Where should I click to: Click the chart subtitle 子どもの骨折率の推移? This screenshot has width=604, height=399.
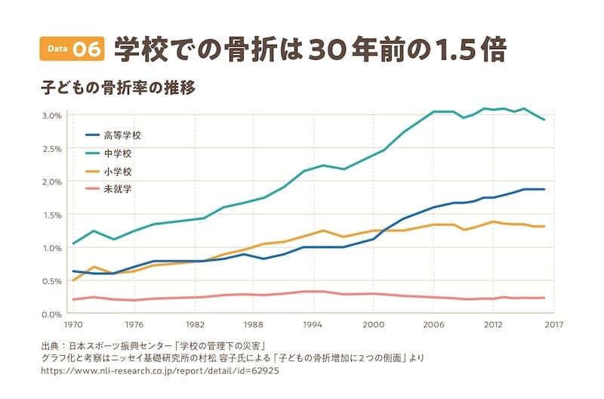tap(119, 88)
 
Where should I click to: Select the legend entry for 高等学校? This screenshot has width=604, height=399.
tap(122, 136)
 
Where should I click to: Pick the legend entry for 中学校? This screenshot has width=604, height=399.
tap(117, 153)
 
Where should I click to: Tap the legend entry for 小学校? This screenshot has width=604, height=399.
tap(117, 172)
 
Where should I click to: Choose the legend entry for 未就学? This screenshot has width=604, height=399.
tap(117, 189)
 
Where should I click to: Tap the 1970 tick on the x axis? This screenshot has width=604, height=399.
tap(73, 326)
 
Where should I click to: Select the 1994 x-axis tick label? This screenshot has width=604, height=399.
tap(313, 326)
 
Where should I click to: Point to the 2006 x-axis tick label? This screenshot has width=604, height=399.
tap(433, 326)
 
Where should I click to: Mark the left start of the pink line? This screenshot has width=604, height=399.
tap(72, 299)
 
